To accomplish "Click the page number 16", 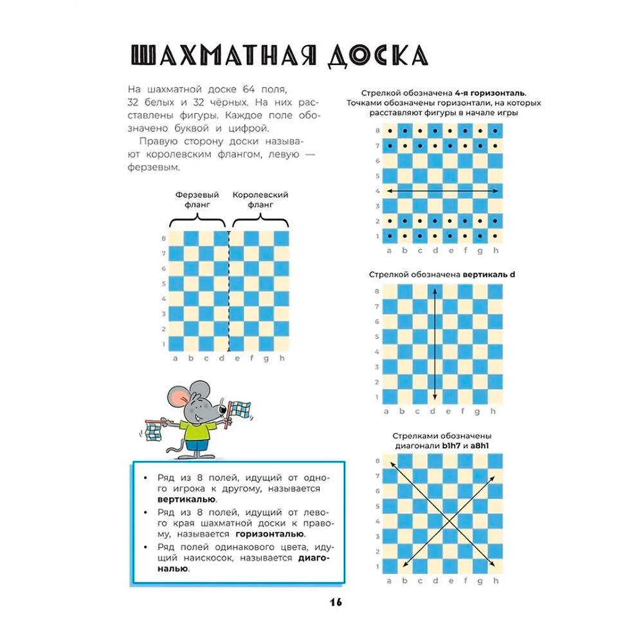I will pyautogui.click(x=335, y=602).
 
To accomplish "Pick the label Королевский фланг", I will pyautogui.click(x=259, y=199).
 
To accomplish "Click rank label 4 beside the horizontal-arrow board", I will pyautogui.click(x=377, y=191).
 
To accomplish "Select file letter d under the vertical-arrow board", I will pyautogui.click(x=434, y=412).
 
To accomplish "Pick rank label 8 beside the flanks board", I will pyautogui.click(x=165, y=238).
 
